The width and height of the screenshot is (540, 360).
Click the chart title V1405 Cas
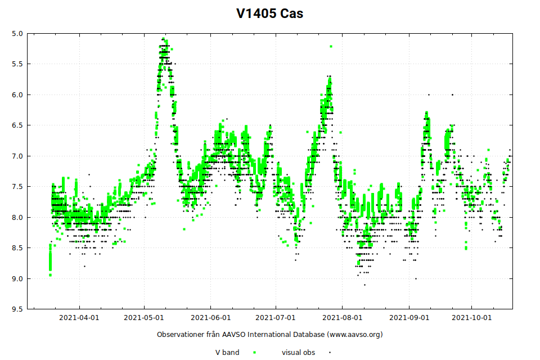(x=269, y=13)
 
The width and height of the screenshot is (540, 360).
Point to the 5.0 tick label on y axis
(x=17, y=33)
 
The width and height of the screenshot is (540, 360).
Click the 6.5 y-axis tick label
(x=17, y=125)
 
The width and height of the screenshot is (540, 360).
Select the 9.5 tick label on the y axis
(x=17, y=309)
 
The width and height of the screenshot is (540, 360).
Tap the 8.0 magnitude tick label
(x=17, y=217)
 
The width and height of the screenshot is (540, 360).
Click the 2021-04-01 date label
(x=79, y=318)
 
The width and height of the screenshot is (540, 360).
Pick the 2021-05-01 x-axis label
(x=145, y=318)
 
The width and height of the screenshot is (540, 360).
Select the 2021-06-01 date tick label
(x=210, y=318)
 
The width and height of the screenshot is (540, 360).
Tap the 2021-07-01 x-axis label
(x=276, y=318)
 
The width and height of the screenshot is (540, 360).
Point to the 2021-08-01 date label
(x=342, y=318)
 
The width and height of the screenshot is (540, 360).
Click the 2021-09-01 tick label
(x=408, y=318)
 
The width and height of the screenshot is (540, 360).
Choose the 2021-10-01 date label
(x=472, y=318)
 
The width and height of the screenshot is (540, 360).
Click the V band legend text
(x=227, y=353)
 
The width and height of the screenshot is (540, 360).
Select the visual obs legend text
(x=298, y=353)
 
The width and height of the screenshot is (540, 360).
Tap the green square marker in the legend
(x=254, y=353)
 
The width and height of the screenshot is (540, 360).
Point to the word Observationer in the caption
(x=180, y=335)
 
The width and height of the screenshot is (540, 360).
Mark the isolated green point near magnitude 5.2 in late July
(x=331, y=46)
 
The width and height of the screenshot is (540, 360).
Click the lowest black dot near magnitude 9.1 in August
(x=364, y=285)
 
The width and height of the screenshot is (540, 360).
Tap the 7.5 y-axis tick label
(x=17, y=186)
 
